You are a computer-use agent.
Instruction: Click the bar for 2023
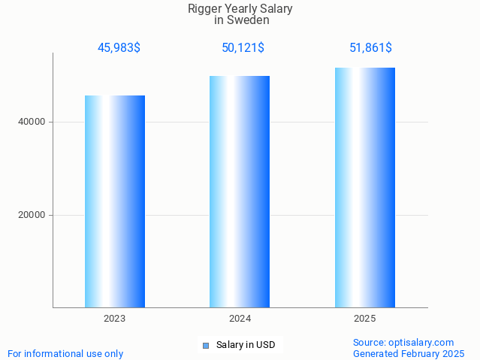(115, 201)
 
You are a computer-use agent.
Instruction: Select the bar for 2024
(240, 192)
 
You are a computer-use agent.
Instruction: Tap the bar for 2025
(365, 188)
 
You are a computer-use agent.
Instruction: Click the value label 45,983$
(119, 47)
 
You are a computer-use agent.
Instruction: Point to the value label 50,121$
(243, 47)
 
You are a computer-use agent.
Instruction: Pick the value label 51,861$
(370, 47)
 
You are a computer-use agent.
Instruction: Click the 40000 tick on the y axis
(31, 122)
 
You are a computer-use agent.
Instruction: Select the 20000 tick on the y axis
(31, 215)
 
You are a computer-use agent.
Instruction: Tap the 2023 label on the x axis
(115, 319)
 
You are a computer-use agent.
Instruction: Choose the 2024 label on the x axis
(240, 319)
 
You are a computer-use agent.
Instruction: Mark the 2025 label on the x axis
(365, 319)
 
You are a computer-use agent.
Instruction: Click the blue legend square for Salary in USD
(205, 346)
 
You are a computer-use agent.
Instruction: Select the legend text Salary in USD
(246, 345)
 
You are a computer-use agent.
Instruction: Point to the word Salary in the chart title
(275, 9)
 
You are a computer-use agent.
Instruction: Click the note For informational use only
(65, 353)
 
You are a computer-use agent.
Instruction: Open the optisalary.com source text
(403, 342)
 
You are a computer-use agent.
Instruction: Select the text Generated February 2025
(409, 353)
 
